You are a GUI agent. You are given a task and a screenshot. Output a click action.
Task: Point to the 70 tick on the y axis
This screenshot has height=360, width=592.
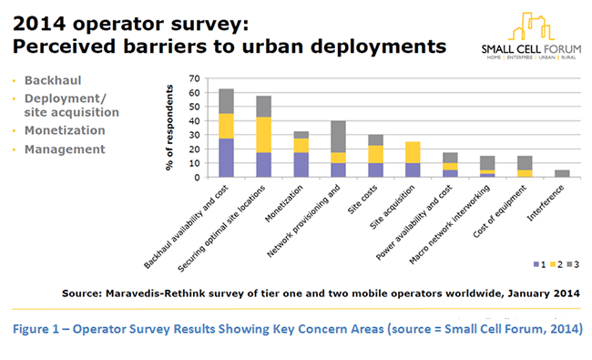pos(193,78)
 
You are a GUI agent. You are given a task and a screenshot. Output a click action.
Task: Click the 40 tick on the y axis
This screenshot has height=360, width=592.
pos(193,120)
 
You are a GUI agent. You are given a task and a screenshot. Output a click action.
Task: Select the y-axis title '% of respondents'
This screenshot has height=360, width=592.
pos(169,127)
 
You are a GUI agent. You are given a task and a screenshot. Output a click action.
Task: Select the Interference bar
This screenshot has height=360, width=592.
pos(562,173)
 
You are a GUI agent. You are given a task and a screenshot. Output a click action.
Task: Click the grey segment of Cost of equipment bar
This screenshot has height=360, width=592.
pos(524,163)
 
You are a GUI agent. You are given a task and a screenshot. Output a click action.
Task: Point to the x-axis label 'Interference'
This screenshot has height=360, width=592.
pos(547,201)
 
